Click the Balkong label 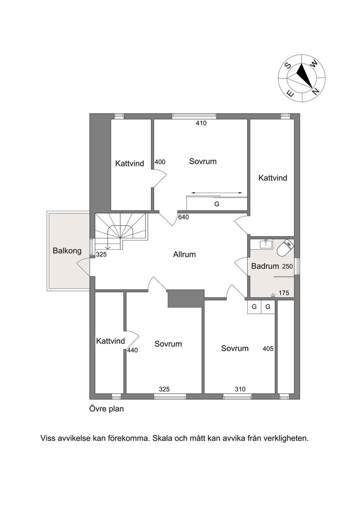(67, 251)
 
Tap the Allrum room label (184, 254)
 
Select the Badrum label (265, 266)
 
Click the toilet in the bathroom (286, 248)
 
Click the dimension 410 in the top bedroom (201, 123)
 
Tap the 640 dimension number (183, 217)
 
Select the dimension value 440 (132, 350)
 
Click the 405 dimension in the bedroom (268, 348)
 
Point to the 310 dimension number (240, 389)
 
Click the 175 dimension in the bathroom (284, 293)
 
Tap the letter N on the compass (316, 91)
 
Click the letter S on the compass (289, 65)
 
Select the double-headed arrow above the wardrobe (217, 193)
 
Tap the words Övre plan (107, 409)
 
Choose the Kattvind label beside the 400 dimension (130, 164)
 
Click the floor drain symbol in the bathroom (273, 295)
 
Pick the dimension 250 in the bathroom (287, 266)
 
